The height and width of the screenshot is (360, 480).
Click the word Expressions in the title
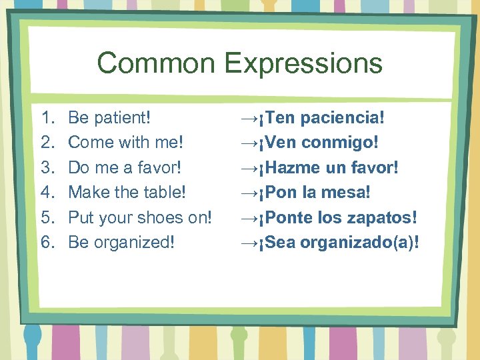coord(303,64)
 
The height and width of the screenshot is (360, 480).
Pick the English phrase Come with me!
coord(126,143)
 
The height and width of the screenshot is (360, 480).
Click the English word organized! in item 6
coord(133,242)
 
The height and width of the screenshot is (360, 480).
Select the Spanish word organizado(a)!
coord(360,242)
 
